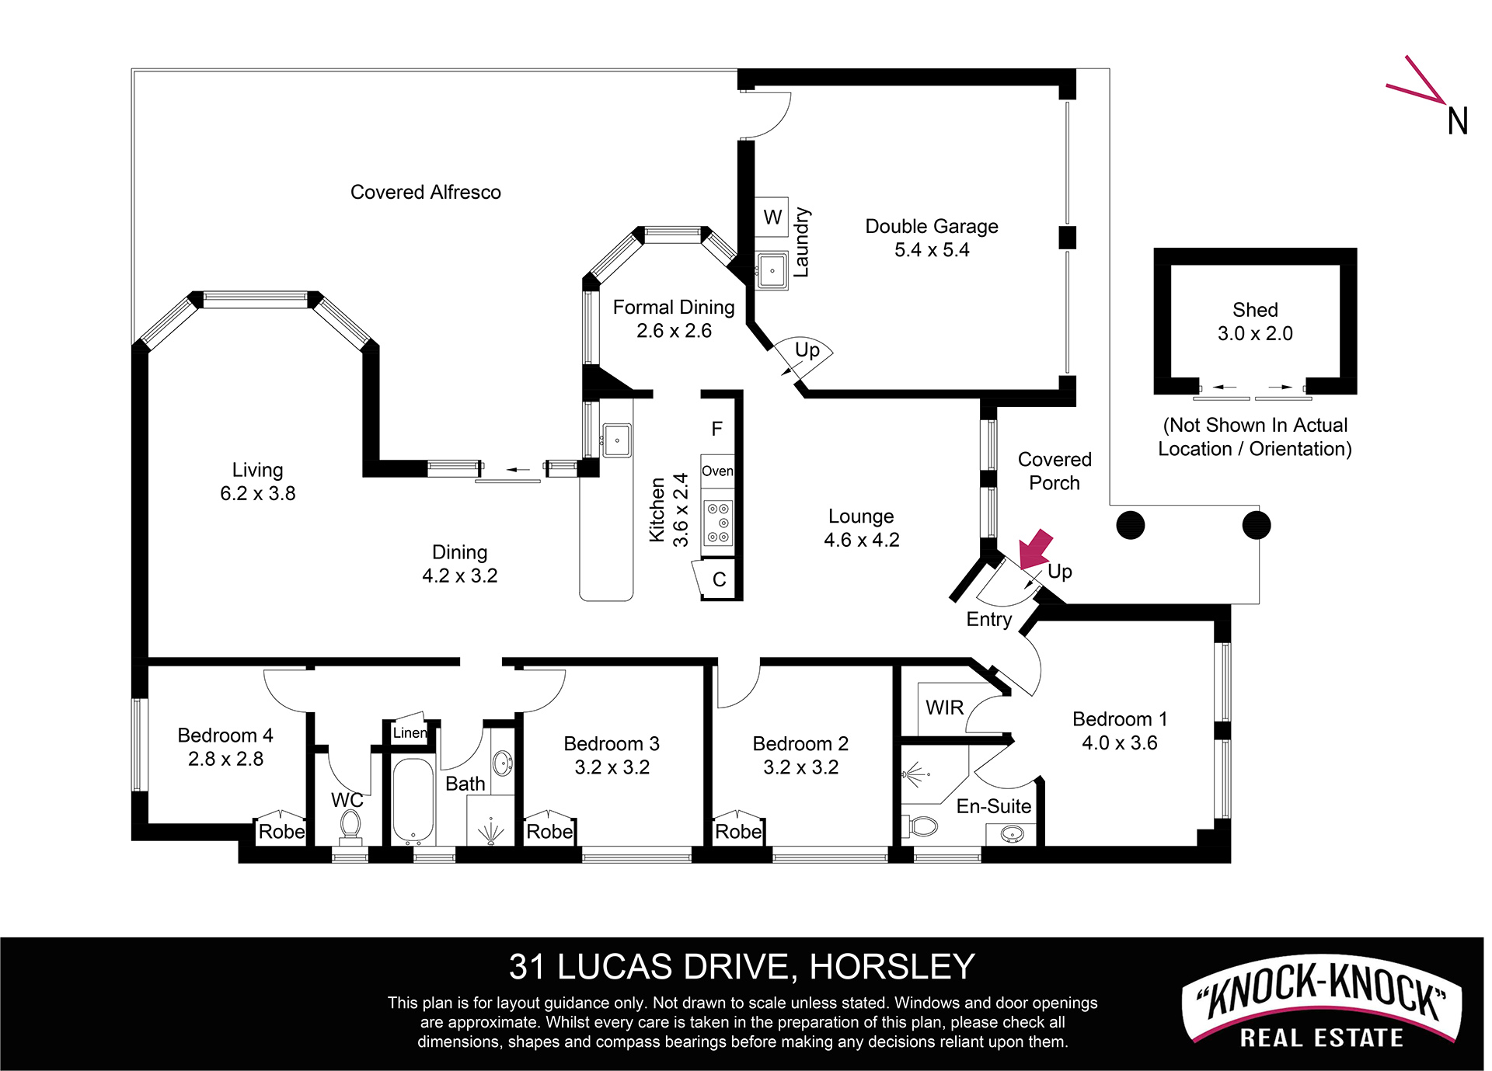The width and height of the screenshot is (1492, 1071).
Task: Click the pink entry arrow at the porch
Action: [x=1036, y=550]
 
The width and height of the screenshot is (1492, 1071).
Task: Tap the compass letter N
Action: [x=1458, y=121]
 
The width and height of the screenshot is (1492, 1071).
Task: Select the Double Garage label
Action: [x=932, y=226]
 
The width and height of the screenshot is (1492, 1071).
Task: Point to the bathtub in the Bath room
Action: [x=413, y=801]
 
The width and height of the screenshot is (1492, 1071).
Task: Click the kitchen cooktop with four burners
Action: [x=718, y=523]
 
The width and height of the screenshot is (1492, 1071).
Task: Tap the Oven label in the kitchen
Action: [x=717, y=471]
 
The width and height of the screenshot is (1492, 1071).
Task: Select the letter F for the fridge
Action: [x=717, y=429]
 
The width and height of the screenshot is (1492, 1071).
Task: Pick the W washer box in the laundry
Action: [x=772, y=217]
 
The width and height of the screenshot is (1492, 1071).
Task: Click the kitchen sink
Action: [x=617, y=440]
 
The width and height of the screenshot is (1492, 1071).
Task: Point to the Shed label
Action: [x=1255, y=310]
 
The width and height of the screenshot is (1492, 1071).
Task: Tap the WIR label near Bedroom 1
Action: [x=944, y=708]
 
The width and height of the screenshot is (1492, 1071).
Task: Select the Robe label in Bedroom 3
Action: [x=549, y=832]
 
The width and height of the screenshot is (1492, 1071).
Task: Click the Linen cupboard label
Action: [x=410, y=732]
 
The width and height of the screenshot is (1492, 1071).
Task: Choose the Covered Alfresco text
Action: [x=426, y=192]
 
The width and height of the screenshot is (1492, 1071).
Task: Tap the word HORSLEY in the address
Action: [x=892, y=967]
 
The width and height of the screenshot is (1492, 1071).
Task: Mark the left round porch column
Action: [x=1131, y=525]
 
